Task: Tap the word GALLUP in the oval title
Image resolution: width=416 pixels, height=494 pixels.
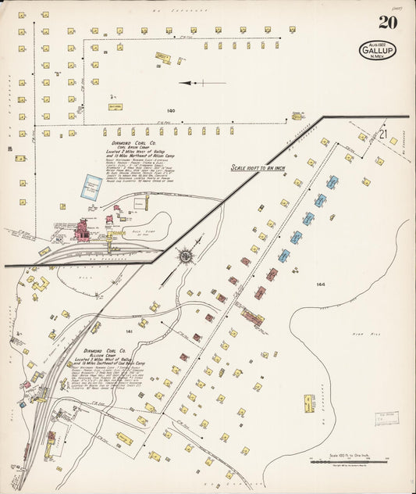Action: pyautogui.click(x=376, y=51)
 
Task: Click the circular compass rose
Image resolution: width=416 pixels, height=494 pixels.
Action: pyautogui.click(x=186, y=256)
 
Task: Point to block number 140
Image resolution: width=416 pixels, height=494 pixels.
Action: pyautogui.click(x=171, y=110)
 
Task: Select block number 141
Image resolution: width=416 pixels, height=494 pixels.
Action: pyautogui.click(x=130, y=331)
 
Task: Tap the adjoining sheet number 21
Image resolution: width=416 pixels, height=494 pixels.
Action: pyautogui.click(x=382, y=134)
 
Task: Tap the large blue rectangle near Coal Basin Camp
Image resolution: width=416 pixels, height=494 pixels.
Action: pyautogui.click(x=98, y=186)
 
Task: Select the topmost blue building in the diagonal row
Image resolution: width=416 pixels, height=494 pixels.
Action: pyautogui.click(x=332, y=182)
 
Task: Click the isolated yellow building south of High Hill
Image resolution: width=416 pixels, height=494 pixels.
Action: pyautogui.click(x=309, y=403)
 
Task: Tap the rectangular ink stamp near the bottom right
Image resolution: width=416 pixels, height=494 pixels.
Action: pyautogui.click(x=386, y=420)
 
